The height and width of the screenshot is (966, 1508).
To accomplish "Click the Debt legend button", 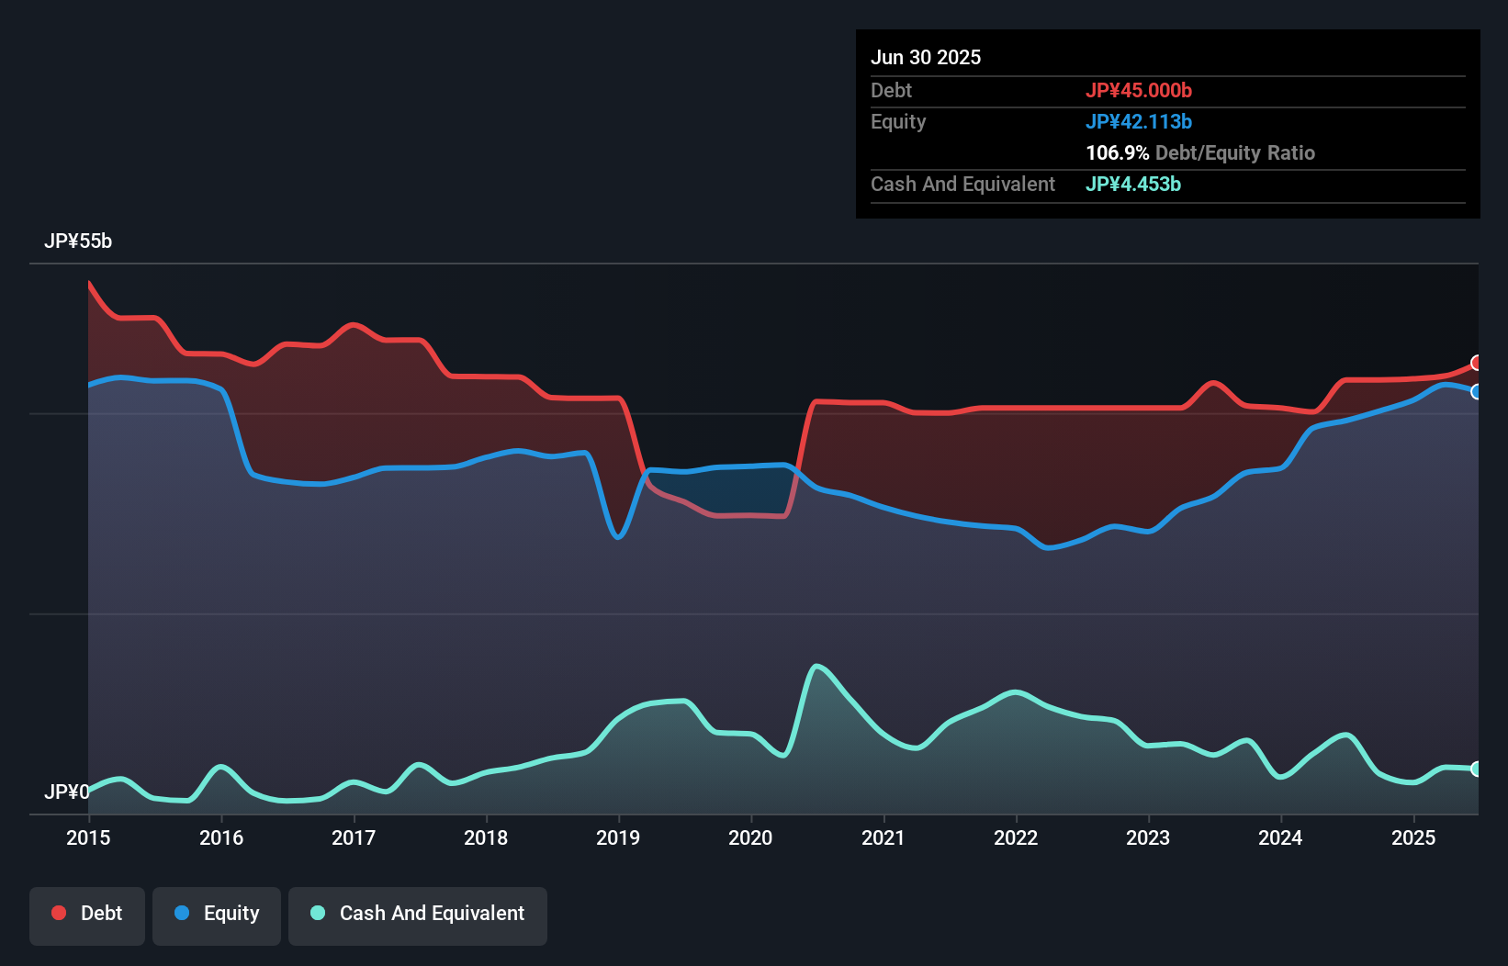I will (87, 915).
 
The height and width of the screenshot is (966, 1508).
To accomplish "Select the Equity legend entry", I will (217, 915).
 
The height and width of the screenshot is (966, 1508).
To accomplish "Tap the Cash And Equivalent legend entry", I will (418, 915).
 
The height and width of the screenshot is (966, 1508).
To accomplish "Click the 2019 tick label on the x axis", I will (618, 837).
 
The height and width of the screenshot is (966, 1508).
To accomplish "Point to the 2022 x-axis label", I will (1016, 837).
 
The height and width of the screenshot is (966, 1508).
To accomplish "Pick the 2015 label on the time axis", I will (88, 837).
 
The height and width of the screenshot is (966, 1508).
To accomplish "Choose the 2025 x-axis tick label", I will (1413, 837).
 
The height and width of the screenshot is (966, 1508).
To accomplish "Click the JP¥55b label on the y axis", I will (78, 241).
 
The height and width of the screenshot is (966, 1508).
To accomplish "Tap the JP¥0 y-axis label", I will (66, 792).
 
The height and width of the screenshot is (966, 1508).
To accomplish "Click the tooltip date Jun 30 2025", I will (926, 58).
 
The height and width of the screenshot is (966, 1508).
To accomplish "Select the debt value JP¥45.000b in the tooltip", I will (1139, 91).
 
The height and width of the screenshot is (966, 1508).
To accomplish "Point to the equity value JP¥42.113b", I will (1139, 122).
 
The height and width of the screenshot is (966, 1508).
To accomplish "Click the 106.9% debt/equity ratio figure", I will (1117, 153).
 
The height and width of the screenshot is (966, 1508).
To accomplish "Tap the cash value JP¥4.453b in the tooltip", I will (1133, 185).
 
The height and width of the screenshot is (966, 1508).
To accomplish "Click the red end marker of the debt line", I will (1477, 363).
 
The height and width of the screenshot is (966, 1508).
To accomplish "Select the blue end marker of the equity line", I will (1477, 392).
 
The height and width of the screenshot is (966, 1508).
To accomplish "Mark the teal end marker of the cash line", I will (1477, 769).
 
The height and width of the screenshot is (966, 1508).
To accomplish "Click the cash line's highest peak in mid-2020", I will (816, 666).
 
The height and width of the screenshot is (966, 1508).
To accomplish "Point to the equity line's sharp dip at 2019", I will (619, 537).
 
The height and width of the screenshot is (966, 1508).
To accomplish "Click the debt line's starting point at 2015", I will (89, 283).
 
